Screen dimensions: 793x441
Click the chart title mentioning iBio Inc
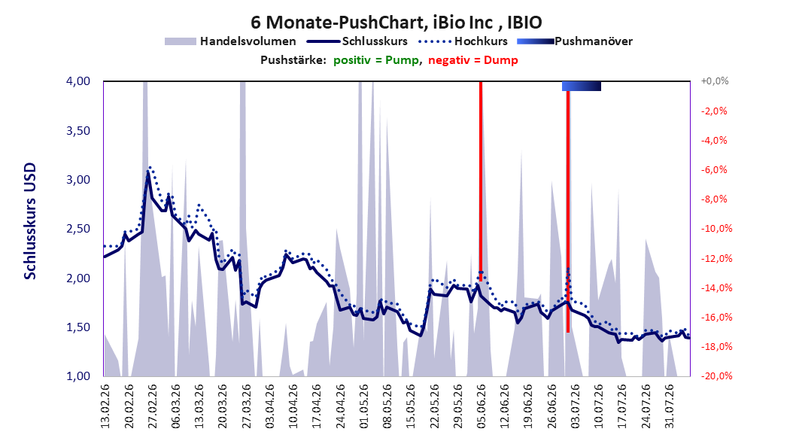pyautogui.click(x=396, y=23)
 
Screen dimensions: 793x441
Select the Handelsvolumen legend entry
pyautogui.click(x=230, y=41)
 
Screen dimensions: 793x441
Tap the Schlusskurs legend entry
pyautogui.click(x=357, y=41)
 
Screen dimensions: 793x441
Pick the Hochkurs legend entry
pyautogui.click(x=463, y=41)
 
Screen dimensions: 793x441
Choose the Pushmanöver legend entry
pyautogui.click(x=575, y=41)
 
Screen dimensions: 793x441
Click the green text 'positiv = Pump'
pyautogui.click(x=376, y=60)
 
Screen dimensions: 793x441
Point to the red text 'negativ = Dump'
pyautogui.click(x=473, y=60)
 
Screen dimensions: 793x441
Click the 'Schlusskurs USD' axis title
pyautogui.click(x=30, y=221)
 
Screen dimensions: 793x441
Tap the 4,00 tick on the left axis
pyautogui.click(x=78, y=81)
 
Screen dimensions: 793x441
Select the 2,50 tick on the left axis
pyautogui.click(x=78, y=229)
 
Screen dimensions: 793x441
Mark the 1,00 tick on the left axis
pyautogui.click(x=78, y=376)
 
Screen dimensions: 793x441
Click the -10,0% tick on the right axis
pyautogui.click(x=716, y=229)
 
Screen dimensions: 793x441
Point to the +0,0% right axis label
pyautogui.click(x=714, y=81)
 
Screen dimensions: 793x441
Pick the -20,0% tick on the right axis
pyautogui.click(x=716, y=376)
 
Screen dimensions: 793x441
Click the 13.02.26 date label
pyautogui.click(x=105, y=406)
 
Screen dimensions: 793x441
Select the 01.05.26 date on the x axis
pyautogui.click(x=363, y=406)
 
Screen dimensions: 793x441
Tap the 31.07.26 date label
pyautogui.click(x=670, y=406)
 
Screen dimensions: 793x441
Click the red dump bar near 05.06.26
pyautogui.click(x=481, y=181)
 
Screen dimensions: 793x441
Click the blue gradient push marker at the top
pyautogui.click(x=582, y=86)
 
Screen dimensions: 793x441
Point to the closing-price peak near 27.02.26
pyautogui.click(x=147, y=172)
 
